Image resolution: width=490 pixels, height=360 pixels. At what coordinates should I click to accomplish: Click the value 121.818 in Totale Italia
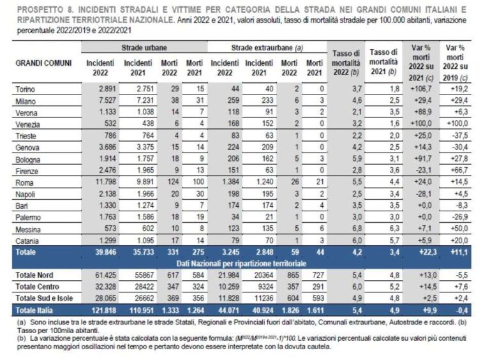pyautogui.click(x=103, y=309)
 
